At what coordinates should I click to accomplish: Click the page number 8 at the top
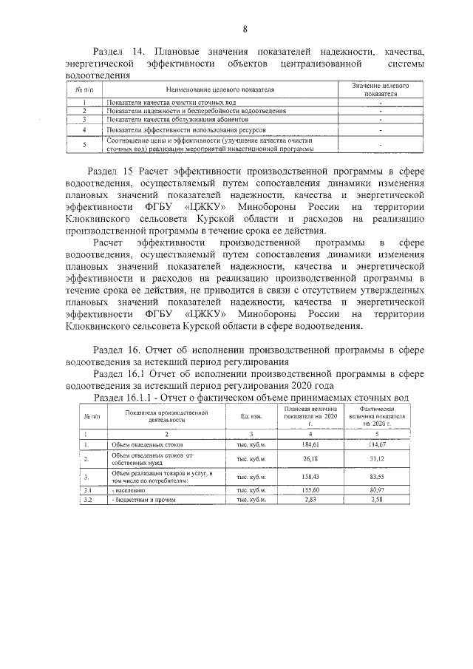245,29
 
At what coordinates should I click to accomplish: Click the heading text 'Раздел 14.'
119,52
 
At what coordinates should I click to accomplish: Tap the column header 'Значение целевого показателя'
380,89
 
